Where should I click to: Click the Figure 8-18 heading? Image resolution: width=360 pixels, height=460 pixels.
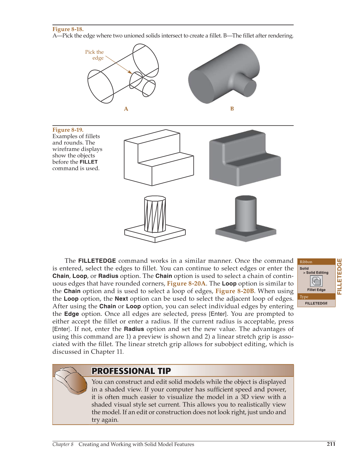(x=68, y=29)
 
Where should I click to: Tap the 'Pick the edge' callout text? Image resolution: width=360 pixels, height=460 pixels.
(x=95, y=55)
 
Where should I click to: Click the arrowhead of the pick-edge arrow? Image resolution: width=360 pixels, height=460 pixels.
(x=130, y=72)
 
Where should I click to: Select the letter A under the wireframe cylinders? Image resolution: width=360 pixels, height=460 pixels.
(x=126, y=109)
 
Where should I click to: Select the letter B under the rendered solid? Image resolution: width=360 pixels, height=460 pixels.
(x=232, y=109)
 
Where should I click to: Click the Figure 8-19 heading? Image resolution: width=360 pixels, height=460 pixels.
(x=68, y=130)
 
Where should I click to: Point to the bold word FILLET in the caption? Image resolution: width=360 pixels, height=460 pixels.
(x=89, y=162)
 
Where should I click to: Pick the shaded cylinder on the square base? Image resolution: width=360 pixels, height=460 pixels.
(x=246, y=213)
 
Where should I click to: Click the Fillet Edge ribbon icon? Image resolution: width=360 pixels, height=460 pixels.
(x=316, y=281)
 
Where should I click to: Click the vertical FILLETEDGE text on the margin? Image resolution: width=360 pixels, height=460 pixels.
(x=340, y=277)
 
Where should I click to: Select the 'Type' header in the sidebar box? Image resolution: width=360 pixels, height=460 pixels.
(x=304, y=297)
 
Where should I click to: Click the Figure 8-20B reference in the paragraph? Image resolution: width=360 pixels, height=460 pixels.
(x=235, y=291)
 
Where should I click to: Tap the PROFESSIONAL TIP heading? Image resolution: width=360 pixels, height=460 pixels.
(x=131, y=371)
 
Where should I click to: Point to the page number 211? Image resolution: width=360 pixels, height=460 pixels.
(x=331, y=444)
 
